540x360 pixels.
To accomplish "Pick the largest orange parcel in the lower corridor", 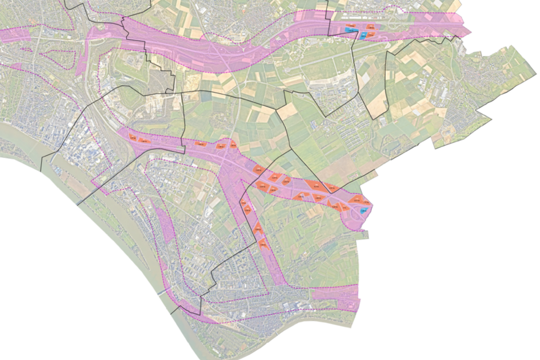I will point(314,185).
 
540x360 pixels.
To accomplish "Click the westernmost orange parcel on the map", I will point(132,137).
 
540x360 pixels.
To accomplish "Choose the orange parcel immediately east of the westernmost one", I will point(145,139).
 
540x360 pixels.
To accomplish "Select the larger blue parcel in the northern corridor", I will point(350,29).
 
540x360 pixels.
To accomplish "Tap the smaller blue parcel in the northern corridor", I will point(363,35).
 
